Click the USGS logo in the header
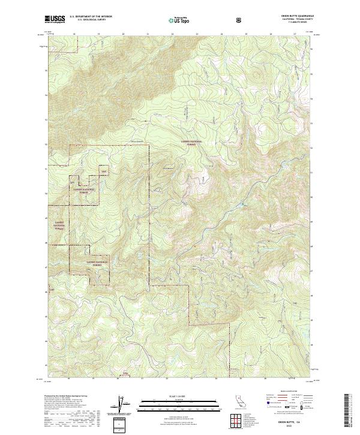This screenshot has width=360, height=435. click(x=55, y=19)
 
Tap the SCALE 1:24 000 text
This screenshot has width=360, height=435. click(x=179, y=394)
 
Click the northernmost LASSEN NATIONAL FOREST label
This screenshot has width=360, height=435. click(x=193, y=142)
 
